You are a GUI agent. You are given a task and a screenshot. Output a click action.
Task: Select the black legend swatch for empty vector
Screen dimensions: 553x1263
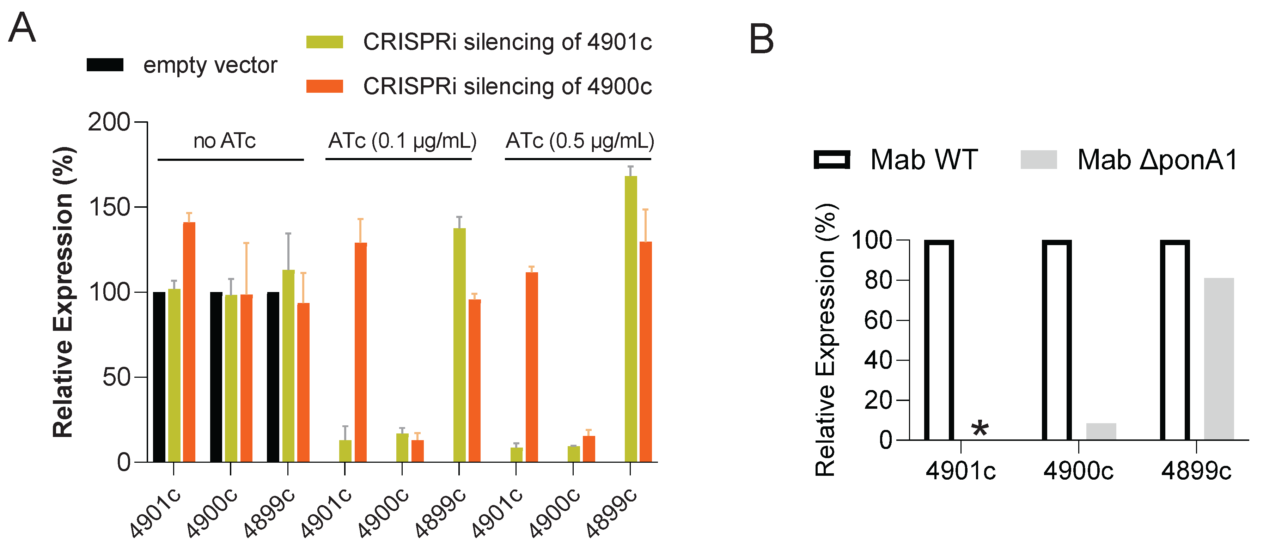coord(105,65)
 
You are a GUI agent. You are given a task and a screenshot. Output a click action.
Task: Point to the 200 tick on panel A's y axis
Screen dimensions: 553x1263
coord(109,122)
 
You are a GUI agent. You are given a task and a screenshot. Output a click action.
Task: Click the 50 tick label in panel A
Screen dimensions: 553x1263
coord(116,377)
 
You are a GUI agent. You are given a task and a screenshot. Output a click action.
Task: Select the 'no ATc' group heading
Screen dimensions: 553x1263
coord(225,141)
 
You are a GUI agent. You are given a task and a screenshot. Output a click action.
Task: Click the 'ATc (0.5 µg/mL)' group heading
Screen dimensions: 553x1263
coord(580,141)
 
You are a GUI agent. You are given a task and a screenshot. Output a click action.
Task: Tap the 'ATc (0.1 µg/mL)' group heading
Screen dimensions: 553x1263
coord(402,141)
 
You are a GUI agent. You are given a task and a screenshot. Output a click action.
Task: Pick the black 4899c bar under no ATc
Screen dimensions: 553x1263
coord(273,377)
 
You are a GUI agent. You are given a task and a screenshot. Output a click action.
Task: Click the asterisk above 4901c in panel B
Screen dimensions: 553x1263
coord(980,429)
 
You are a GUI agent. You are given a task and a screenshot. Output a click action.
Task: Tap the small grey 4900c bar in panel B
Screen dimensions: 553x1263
coord(1101,431)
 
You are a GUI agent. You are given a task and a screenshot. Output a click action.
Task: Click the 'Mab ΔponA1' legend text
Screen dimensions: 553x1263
coord(1157,160)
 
